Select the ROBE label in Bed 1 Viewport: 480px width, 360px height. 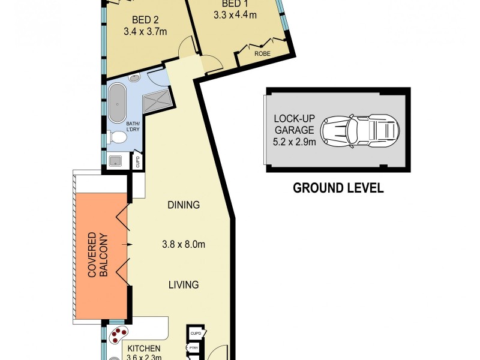(262, 54)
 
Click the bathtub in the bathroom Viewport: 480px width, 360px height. (116, 103)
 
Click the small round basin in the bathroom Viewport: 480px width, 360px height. (136, 77)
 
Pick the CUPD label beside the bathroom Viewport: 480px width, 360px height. (137, 161)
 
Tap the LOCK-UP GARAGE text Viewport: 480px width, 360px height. (294, 124)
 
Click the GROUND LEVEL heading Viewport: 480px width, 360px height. (338, 188)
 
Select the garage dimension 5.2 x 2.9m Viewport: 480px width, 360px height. (294, 144)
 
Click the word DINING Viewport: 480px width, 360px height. (183, 205)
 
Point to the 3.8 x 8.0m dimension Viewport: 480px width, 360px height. (184, 244)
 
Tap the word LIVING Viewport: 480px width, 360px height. (183, 284)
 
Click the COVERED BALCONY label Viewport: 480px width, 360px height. (99, 255)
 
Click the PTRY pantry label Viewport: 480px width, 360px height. (194, 347)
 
